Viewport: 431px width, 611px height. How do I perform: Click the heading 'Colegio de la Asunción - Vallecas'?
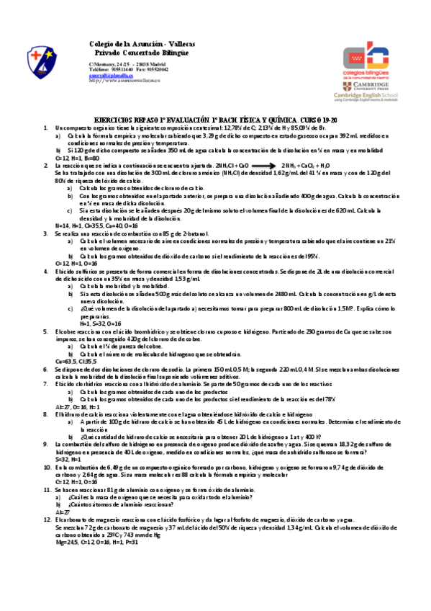pos(134,44)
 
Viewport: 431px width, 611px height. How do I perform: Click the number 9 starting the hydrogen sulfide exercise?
pos(47,445)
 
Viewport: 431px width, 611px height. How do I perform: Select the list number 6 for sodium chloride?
pos(47,367)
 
